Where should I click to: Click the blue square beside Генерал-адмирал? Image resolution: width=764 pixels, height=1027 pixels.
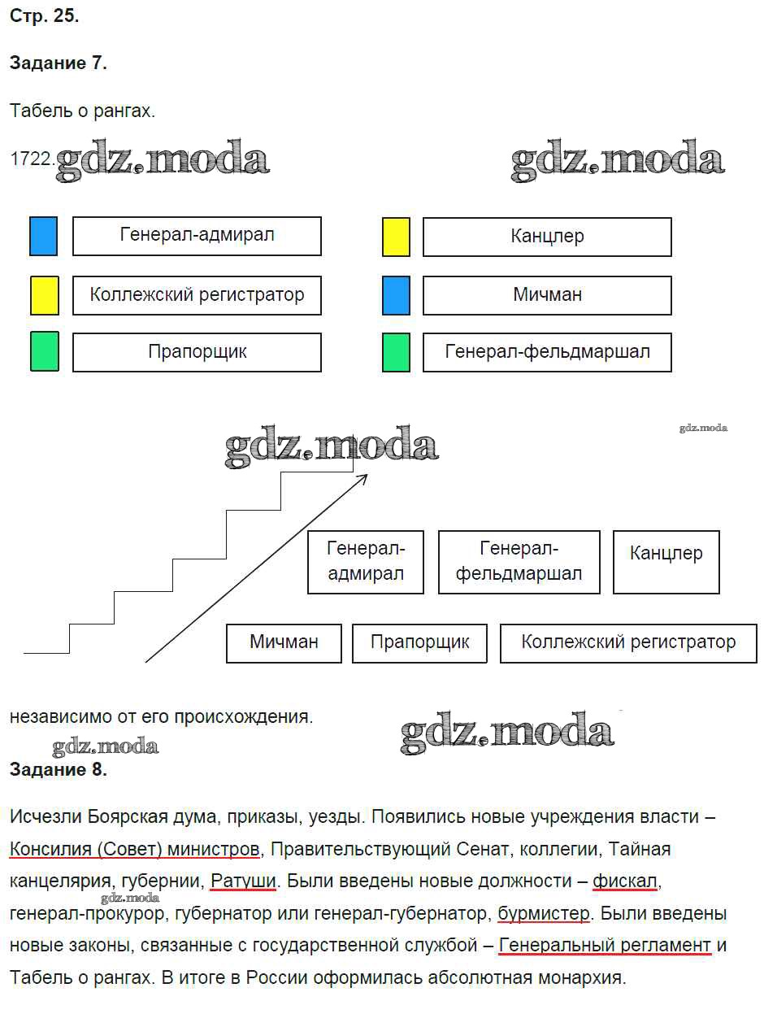pos(44,236)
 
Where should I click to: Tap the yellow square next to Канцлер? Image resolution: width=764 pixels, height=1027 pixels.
pos(396,237)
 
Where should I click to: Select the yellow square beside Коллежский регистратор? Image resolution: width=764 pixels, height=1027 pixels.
pos(45,295)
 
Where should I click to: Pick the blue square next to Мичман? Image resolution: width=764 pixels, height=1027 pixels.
pos(396,295)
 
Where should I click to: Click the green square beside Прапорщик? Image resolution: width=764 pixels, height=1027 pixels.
pos(45,351)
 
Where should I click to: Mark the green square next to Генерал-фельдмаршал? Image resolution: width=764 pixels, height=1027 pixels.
pos(396,352)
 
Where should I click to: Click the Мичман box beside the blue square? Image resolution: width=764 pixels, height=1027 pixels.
pos(547,295)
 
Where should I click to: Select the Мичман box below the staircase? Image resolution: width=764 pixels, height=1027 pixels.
pos(284,644)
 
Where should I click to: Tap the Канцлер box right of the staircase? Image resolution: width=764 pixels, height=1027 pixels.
pos(666,562)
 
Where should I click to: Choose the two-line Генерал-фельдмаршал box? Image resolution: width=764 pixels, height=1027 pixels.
pos(519,562)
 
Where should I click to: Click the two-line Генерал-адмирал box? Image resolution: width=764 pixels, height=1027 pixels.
pos(366,562)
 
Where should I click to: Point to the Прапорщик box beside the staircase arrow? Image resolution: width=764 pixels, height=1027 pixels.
pos(419,644)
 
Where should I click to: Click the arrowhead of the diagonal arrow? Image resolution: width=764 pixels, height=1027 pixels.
pos(367,476)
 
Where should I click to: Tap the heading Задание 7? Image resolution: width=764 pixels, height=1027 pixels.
pos(59,63)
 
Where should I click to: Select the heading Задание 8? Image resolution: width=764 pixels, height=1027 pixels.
pos(59,769)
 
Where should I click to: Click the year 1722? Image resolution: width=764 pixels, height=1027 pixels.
pos(32,159)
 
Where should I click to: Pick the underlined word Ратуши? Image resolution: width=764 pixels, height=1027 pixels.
pos(243,881)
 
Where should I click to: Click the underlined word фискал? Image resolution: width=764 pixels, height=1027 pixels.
pos(625,881)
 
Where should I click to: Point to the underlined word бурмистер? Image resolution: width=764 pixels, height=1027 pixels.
pos(544,913)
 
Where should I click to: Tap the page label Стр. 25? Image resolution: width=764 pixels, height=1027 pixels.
pos(44,15)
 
